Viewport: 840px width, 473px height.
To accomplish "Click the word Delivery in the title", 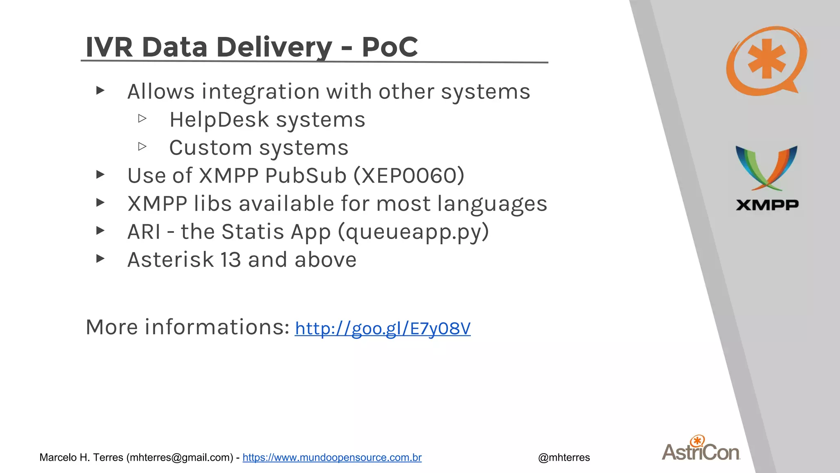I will tap(274, 47).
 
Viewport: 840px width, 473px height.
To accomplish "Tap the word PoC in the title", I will tap(389, 47).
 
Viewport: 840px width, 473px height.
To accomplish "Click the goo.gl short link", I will tap(382, 328).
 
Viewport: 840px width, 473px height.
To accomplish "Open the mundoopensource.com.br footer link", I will tap(332, 457).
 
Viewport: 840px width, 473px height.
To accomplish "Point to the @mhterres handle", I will tap(564, 457).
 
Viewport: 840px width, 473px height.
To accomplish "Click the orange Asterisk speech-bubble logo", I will tap(765, 61).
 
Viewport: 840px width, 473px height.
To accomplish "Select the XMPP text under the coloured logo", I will tap(767, 205).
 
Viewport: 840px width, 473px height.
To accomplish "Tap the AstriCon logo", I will tap(701, 449).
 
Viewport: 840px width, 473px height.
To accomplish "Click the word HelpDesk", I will tap(219, 120).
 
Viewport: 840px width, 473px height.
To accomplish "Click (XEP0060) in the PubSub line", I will tap(409, 176).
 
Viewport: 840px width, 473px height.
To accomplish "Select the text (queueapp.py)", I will tap(413, 232).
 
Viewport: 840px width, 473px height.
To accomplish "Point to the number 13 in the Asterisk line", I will tap(231, 260).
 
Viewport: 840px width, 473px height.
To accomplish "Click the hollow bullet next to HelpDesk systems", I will tap(142, 119).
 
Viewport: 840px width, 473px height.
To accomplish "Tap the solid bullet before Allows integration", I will tap(100, 90).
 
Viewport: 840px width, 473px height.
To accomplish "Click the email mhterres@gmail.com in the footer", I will tap(180, 457).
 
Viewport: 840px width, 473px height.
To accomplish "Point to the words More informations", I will tap(187, 327).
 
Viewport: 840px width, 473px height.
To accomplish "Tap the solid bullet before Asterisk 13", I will tap(100, 259).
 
